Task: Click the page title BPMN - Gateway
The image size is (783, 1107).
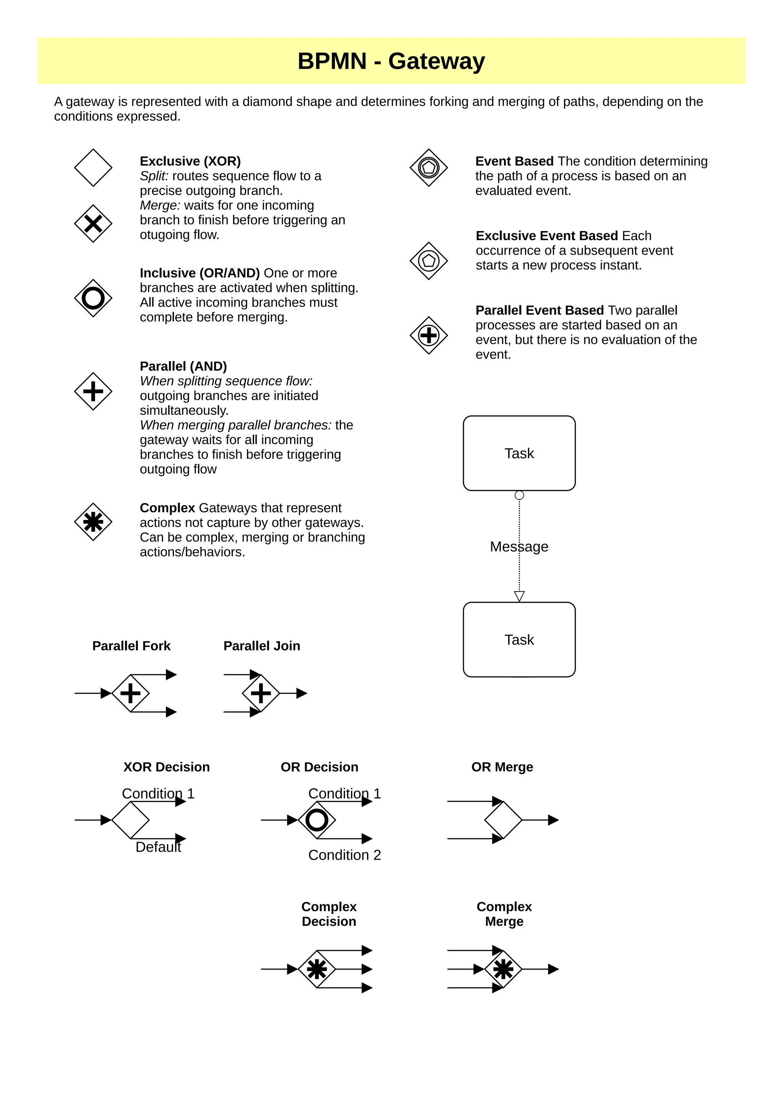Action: [x=391, y=61]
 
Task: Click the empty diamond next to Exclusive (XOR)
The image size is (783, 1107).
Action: [x=93, y=168]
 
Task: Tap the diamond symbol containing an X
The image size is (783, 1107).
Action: [x=93, y=224]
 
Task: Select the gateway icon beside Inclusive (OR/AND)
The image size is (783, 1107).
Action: [x=93, y=298]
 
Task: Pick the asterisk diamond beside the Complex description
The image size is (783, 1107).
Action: [x=93, y=522]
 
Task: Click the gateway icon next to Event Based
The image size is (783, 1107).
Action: [x=429, y=168]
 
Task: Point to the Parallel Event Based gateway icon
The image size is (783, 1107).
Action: [x=429, y=336]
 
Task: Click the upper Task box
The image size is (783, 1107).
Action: [x=519, y=453]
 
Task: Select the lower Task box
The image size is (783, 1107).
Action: [x=519, y=640]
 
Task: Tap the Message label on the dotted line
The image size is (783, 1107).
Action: [x=519, y=547]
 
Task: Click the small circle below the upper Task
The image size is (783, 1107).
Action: [x=519, y=495]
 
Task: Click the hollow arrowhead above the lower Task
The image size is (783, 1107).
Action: [x=519, y=596]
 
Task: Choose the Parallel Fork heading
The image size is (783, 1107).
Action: [x=131, y=646]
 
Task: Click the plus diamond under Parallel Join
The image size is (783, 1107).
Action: [x=261, y=693]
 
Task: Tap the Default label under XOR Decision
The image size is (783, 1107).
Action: [x=158, y=847]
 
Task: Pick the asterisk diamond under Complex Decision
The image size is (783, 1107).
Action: [x=317, y=969]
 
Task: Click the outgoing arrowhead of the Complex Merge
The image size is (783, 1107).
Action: [x=554, y=969]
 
